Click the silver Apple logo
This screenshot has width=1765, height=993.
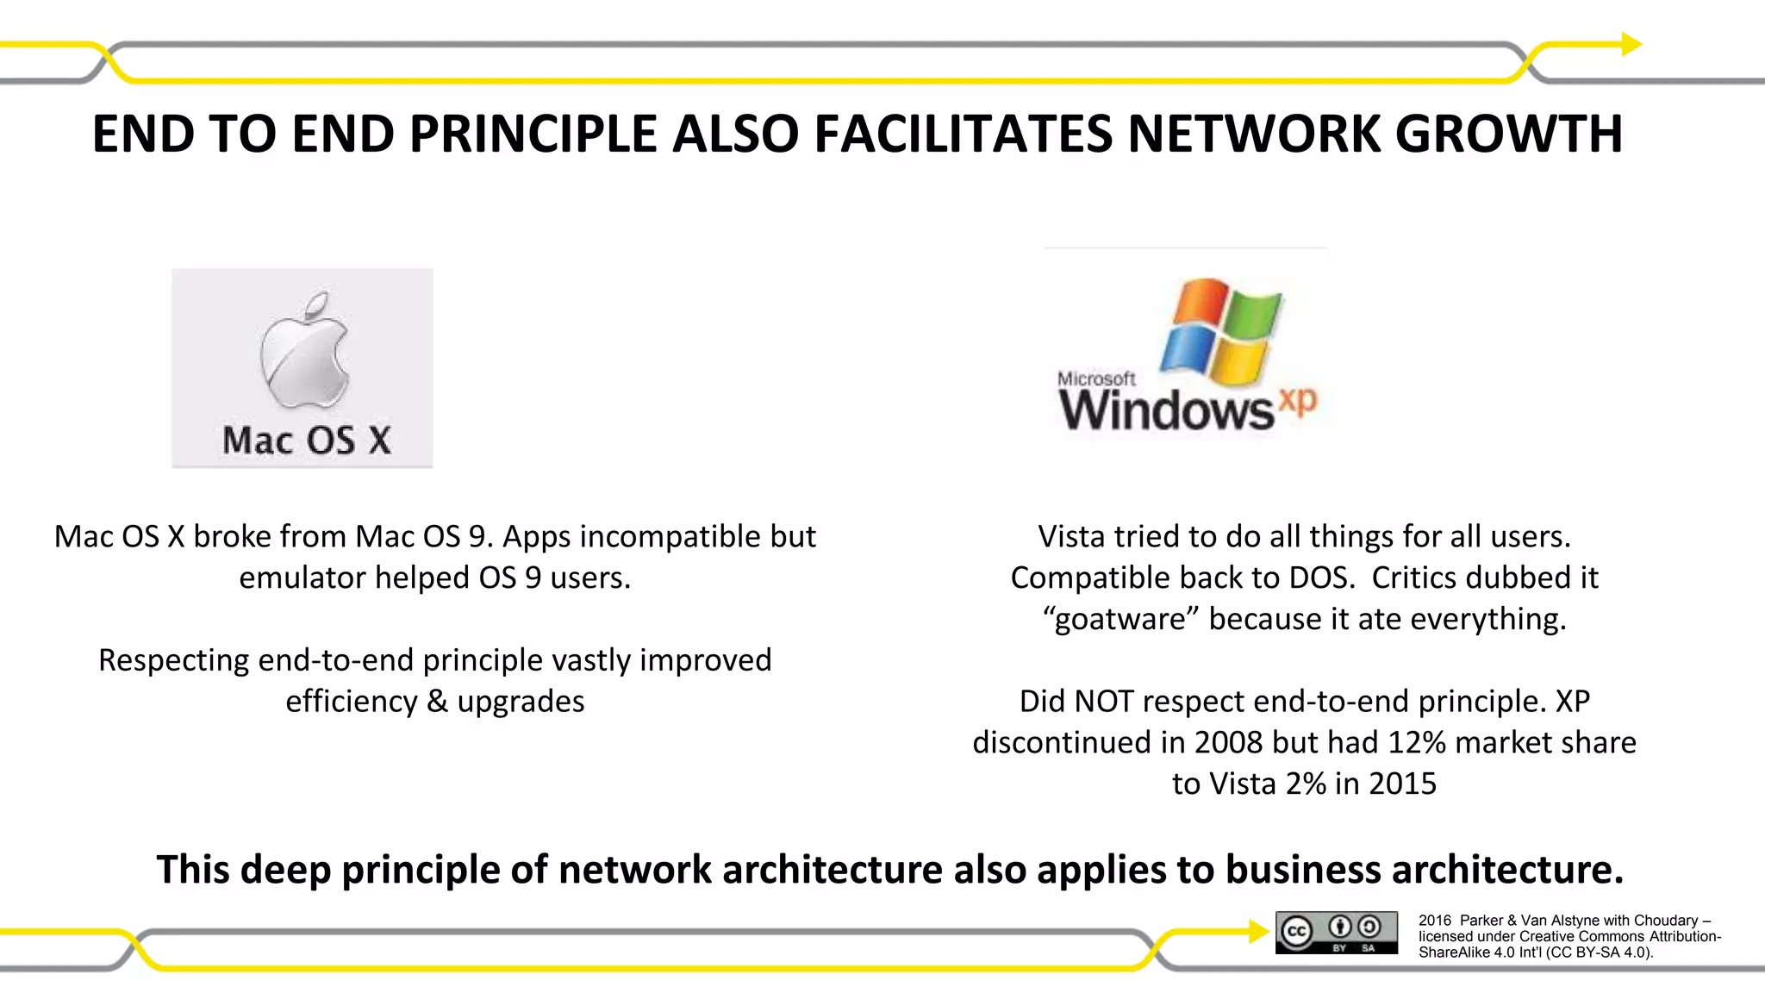point(304,349)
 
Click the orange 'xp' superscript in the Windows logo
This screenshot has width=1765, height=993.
point(1298,402)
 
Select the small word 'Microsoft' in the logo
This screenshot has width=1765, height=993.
point(1096,378)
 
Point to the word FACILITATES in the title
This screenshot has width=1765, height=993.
point(963,134)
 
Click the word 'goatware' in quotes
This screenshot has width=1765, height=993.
point(1119,619)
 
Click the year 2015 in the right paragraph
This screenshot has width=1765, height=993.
point(1402,784)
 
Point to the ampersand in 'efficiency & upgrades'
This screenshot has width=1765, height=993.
point(437,702)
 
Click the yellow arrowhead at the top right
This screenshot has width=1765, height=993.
point(1631,44)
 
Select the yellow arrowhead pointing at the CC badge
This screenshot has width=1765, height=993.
point(1259,931)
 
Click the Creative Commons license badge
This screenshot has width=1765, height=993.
point(1337,933)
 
